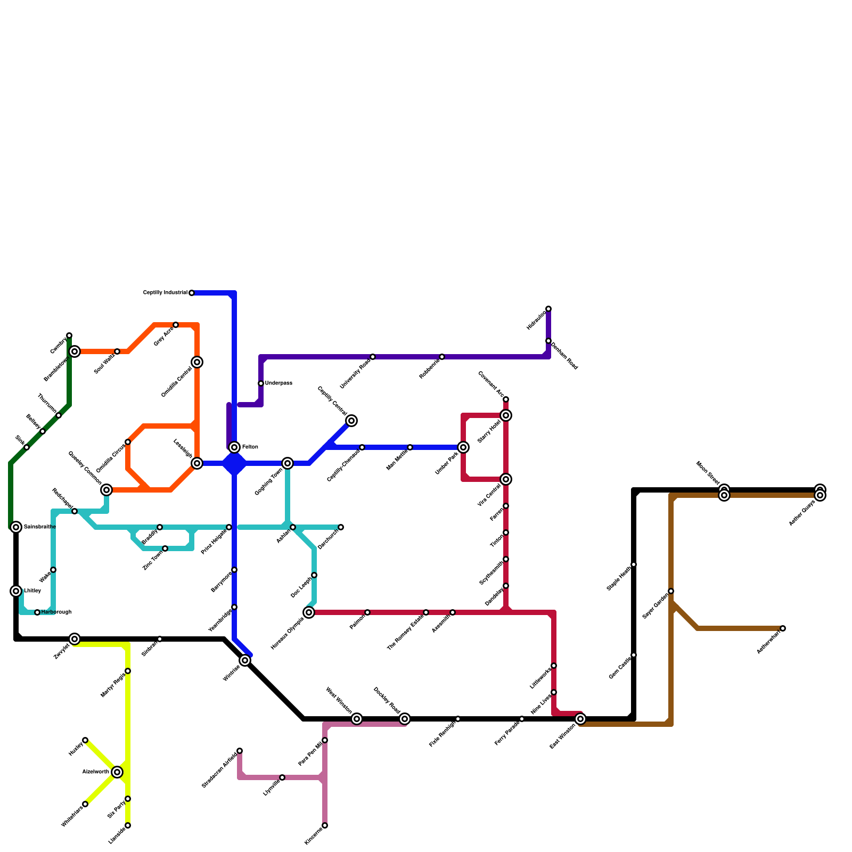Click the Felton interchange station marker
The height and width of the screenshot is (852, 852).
coord(234,447)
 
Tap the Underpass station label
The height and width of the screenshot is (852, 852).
coord(278,383)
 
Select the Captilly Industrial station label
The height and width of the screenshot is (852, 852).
coord(165,293)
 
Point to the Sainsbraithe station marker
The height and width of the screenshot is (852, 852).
coord(16,527)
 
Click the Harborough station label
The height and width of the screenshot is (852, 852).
coord(56,612)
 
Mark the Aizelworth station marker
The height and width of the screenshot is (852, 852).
coord(117,772)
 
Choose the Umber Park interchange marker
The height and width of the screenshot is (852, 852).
coord(463,447)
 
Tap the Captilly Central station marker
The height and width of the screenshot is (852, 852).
coord(351,421)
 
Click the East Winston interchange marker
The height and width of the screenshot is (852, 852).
coord(580,719)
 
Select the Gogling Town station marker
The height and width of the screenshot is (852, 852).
coord(288,463)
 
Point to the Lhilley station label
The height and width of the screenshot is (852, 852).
coord(32,591)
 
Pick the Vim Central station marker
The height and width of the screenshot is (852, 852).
coord(506,479)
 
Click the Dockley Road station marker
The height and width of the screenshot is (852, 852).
coord(405,719)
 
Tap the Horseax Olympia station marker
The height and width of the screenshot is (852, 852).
coord(309,612)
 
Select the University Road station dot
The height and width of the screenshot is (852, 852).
coord(373,357)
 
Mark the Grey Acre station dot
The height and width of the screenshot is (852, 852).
coord(176,325)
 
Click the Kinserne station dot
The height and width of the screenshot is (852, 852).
coord(325,825)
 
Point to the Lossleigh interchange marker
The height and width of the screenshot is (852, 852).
coord(197,463)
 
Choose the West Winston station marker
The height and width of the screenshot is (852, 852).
coord(357,719)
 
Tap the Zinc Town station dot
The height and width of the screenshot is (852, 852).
coord(165,548)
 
